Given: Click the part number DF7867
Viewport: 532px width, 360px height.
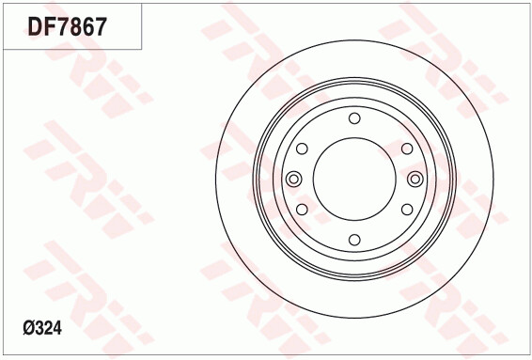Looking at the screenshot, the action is click(x=67, y=26).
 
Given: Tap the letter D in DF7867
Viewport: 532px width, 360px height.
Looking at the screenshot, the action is click(x=35, y=26).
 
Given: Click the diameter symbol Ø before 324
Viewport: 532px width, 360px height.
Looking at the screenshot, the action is click(x=29, y=328).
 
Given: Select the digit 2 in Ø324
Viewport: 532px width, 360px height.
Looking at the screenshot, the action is click(x=49, y=328).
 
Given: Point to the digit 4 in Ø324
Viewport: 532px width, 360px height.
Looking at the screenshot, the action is click(x=57, y=328).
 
